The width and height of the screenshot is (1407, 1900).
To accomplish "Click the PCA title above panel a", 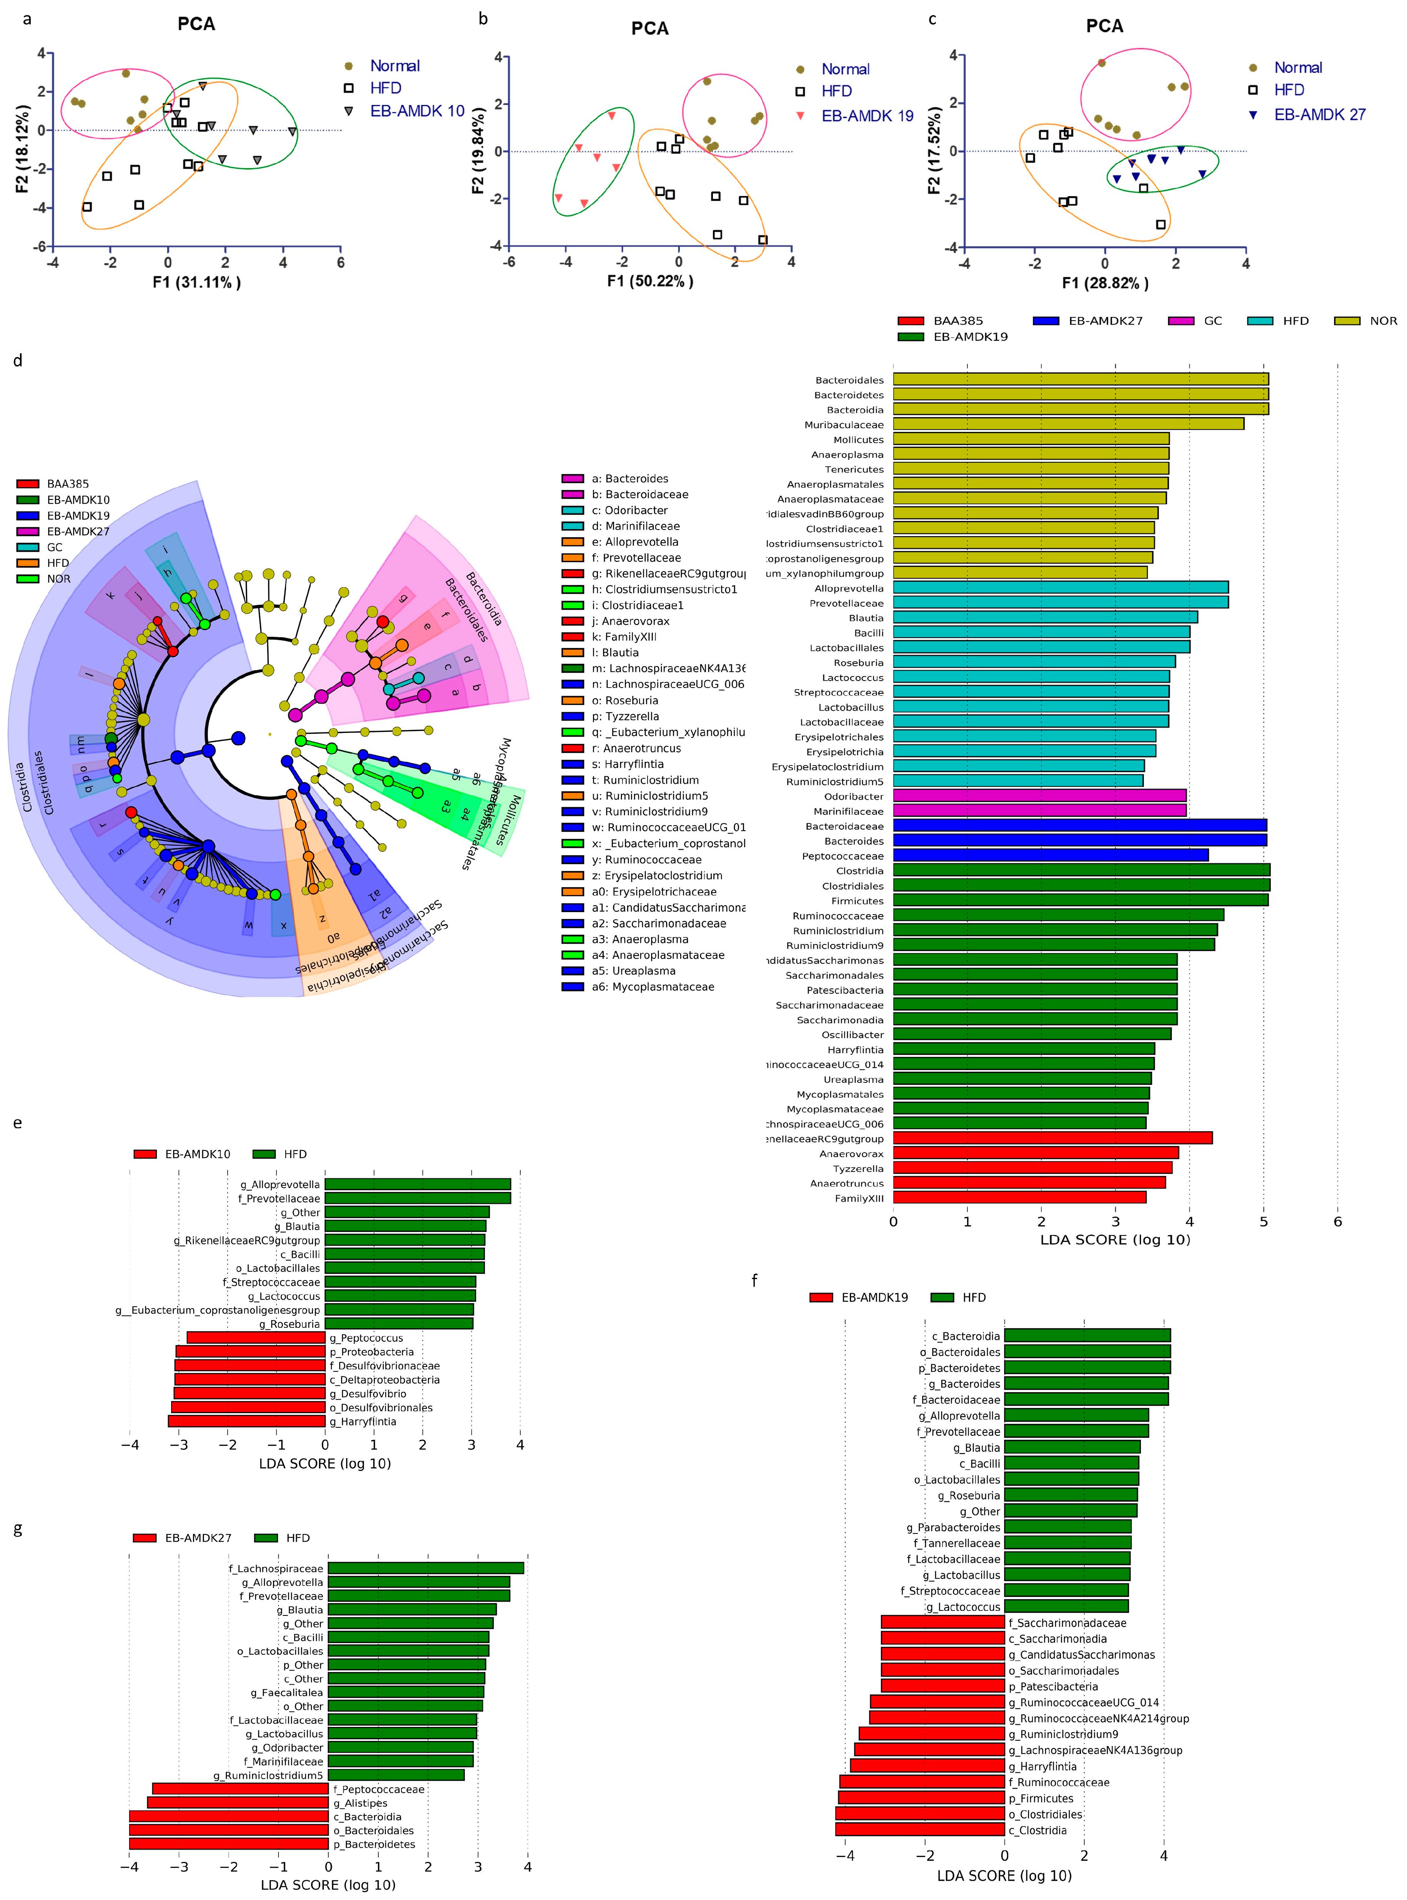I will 196,24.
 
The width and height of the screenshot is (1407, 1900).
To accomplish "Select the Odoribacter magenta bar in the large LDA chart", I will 1039,796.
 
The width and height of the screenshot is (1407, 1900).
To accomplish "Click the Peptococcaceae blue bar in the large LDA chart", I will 1050,856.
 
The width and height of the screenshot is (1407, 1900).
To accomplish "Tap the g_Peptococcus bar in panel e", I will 255,1338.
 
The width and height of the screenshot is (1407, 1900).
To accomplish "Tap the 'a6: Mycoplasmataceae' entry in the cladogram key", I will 653,987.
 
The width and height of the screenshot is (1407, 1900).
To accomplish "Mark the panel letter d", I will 18,361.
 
